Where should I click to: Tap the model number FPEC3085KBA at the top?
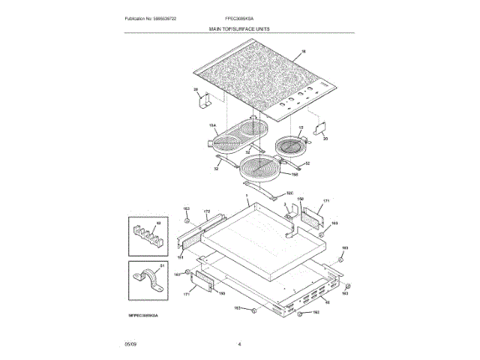[240, 17]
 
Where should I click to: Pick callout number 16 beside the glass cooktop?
[303, 52]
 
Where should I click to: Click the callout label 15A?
[212, 125]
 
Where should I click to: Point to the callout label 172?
[207, 211]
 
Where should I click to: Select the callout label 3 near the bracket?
[285, 204]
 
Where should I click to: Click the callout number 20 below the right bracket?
[325, 138]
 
